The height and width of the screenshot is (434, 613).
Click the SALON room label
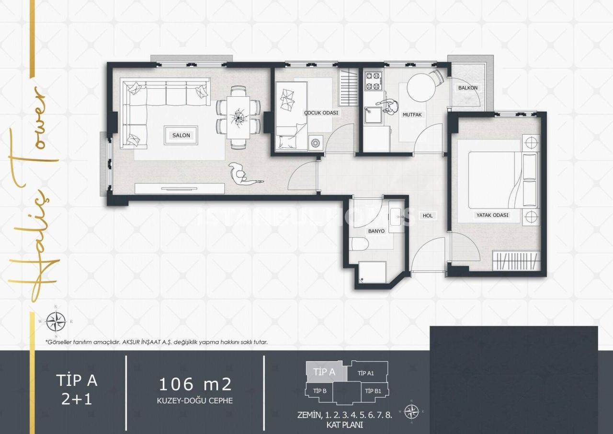click(x=181, y=135)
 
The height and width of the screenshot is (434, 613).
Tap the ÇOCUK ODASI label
click(x=321, y=113)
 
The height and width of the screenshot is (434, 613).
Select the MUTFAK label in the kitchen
click(x=412, y=115)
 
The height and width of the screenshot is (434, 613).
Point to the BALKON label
click(x=467, y=88)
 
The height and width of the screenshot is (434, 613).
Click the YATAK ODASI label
click(x=492, y=215)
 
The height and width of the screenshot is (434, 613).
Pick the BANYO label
click(x=376, y=231)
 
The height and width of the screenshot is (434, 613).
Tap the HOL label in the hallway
click(x=428, y=216)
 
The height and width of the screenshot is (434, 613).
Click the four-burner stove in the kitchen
click(x=373, y=81)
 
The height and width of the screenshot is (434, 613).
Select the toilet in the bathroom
click(x=359, y=245)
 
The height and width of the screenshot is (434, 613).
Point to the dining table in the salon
click(x=238, y=117)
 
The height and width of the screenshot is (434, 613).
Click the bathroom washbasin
click(x=397, y=219)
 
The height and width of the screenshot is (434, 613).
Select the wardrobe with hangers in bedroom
click(x=516, y=261)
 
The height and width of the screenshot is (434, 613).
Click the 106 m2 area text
click(x=195, y=384)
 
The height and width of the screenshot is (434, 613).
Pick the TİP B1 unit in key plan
click(x=373, y=391)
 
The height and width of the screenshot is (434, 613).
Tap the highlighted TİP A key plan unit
click(x=324, y=372)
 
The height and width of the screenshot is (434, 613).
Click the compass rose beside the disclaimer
click(x=56, y=321)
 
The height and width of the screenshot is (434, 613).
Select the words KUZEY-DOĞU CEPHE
click(x=195, y=400)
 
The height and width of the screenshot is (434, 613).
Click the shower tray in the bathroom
click(x=373, y=272)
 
